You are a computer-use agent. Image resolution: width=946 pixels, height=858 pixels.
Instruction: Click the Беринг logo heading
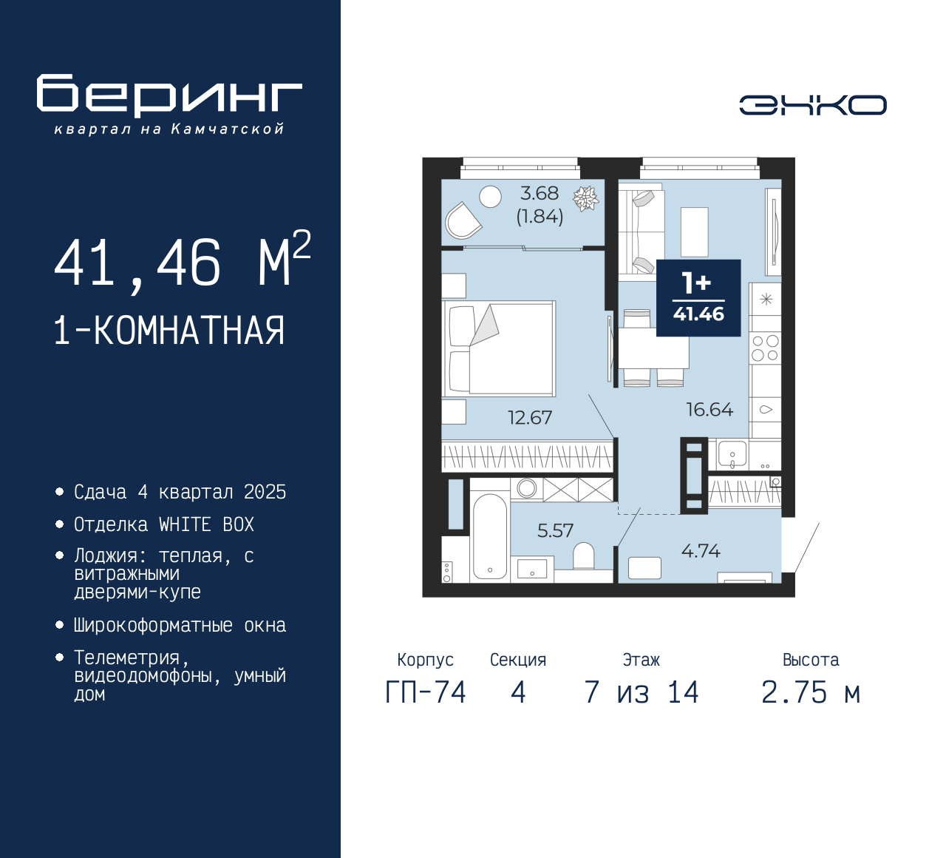(x=169, y=95)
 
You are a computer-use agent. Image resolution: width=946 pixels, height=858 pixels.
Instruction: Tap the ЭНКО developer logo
(x=812, y=105)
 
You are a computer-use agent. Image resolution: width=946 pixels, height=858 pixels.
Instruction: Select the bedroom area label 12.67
(x=529, y=418)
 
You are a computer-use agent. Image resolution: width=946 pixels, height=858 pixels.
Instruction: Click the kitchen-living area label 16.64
(x=709, y=410)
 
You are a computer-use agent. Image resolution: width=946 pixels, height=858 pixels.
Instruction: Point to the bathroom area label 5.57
(x=555, y=530)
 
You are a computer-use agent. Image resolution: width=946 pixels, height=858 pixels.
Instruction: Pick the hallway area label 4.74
(x=700, y=551)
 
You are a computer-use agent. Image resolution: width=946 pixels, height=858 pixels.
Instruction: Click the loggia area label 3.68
(x=540, y=194)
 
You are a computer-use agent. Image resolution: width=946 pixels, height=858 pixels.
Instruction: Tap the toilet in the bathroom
(x=583, y=556)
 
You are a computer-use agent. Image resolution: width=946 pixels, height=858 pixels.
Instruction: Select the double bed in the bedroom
(x=500, y=348)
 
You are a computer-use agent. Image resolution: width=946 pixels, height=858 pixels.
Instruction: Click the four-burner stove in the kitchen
(x=765, y=348)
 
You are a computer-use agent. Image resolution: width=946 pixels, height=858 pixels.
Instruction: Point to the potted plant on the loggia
(x=586, y=198)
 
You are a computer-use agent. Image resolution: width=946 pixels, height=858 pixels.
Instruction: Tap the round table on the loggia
(x=490, y=196)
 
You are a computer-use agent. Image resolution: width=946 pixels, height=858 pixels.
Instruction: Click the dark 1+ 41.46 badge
(x=698, y=297)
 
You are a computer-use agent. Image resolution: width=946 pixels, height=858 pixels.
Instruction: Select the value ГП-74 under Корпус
(x=426, y=693)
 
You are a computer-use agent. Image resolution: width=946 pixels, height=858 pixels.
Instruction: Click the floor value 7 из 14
(x=641, y=693)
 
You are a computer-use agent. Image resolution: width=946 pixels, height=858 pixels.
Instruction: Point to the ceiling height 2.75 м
(x=811, y=693)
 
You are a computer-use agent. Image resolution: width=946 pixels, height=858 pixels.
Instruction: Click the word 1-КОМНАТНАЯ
(x=169, y=331)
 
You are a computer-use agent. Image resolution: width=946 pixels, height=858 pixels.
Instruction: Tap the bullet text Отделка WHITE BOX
(x=163, y=524)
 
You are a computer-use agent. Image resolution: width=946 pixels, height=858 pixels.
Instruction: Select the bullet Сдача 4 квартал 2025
(x=180, y=492)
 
